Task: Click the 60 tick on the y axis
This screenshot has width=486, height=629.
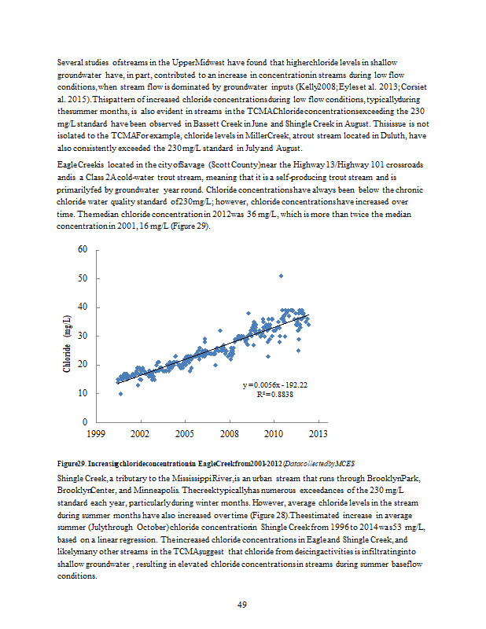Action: tap(82, 249)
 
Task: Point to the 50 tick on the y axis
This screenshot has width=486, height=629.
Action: tap(82, 278)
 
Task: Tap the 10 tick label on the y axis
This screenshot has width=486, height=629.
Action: tap(82, 394)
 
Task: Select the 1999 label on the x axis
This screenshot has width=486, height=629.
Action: tap(96, 433)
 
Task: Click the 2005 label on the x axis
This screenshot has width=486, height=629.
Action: tap(185, 433)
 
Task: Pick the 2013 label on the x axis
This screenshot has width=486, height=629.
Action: tap(318, 433)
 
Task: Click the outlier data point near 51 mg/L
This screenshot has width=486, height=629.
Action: tap(281, 276)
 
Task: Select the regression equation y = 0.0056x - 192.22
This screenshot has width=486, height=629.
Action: tap(275, 385)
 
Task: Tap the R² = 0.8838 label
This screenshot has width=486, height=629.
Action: tap(274, 395)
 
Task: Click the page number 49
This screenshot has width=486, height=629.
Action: tap(243, 604)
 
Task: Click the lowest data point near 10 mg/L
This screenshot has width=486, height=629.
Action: tap(120, 394)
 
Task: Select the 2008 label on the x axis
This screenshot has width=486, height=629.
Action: tap(229, 433)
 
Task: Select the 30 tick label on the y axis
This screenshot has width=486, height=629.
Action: tap(82, 337)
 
